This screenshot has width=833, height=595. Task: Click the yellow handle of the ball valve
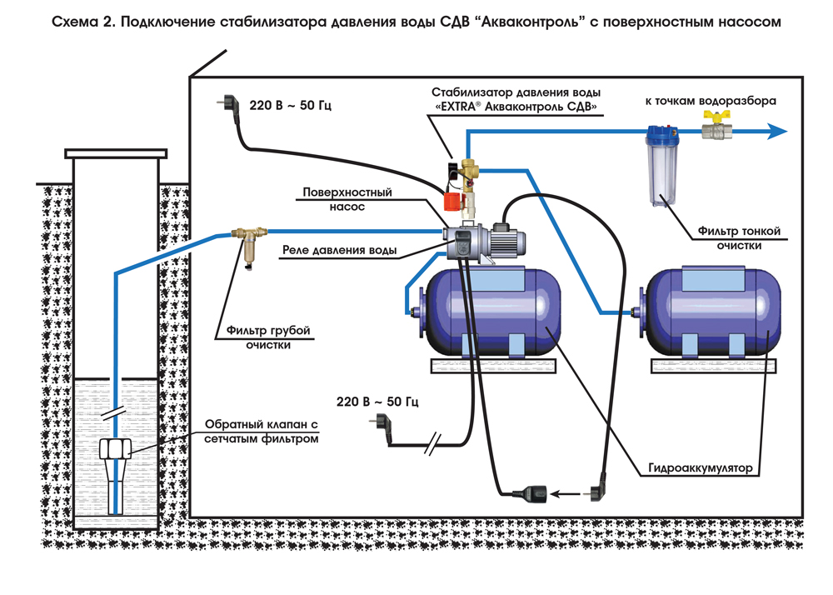[716, 115]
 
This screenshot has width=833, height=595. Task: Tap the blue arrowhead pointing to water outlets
[778, 131]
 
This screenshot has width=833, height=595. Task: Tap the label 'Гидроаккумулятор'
[701, 468]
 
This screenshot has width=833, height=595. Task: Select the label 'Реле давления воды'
[340, 250]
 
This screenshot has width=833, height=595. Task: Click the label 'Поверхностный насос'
[347, 199]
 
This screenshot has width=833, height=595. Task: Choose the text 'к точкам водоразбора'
[711, 100]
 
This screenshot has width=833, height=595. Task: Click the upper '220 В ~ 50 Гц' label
[290, 105]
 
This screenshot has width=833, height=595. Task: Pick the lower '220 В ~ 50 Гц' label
[377, 402]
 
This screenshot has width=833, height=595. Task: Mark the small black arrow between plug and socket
[566, 494]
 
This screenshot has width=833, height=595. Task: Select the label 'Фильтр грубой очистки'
[268, 337]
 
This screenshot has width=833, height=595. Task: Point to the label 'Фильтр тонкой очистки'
[739, 238]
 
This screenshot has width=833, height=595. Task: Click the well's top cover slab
[116, 154]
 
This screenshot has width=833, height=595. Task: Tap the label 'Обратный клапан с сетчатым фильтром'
[262, 432]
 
